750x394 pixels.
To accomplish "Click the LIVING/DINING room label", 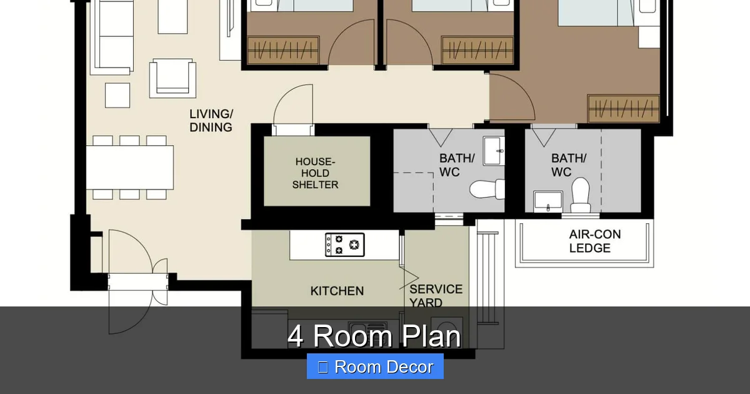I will point(211,121).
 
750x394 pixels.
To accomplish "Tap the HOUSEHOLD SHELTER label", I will point(316,173).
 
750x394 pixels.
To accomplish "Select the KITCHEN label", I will point(337,291).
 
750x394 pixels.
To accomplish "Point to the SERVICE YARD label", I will point(436,295).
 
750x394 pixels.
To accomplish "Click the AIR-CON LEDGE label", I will point(594,241).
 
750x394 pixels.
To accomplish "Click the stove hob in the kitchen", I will point(344,245).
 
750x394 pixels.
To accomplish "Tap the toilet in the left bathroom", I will point(487,188).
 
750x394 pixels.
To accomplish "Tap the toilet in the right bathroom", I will point(580,194).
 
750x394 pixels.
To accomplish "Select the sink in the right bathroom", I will point(547,202).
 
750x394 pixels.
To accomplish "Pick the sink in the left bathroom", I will point(494,150).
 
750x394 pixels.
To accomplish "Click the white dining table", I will point(129,167).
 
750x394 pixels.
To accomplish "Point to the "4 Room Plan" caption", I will point(374,336).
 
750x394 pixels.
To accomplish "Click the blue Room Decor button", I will point(375,366).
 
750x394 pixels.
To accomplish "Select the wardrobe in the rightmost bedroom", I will point(623,108).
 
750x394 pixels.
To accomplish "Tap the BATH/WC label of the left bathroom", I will point(457,164).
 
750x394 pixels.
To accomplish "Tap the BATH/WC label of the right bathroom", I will point(569,164).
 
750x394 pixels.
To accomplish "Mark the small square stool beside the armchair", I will point(117,95).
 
